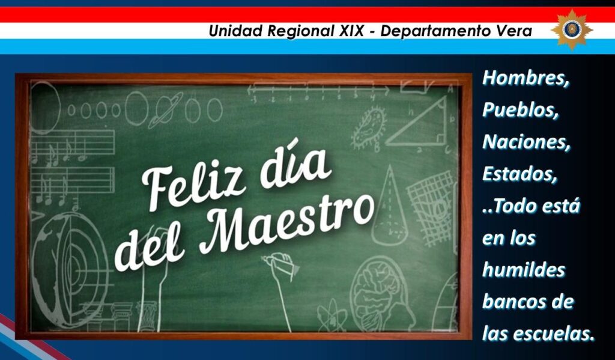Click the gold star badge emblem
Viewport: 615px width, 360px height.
point(572,29)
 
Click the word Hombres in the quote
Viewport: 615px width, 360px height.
point(526,78)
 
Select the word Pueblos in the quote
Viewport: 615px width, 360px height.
point(521,109)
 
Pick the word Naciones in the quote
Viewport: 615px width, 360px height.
point(526,142)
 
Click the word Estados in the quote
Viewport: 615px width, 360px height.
point(520,174)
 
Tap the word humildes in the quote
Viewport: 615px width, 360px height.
point(524,270)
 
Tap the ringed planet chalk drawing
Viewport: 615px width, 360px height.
point(165,110)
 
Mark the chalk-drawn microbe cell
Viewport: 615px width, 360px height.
point(368,129)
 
